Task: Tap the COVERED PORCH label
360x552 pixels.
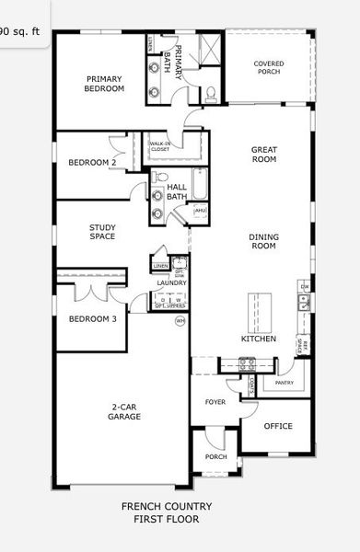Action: (268, 67)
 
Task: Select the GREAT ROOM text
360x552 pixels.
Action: (263, 154)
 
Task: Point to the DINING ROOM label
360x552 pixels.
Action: (263, 241)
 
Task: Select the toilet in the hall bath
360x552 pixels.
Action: (162, 176)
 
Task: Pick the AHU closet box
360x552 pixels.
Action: (200, 213)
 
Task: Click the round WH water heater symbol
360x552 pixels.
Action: (180, 320)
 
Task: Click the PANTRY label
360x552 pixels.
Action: (284, 383)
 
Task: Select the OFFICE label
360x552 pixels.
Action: (278, 426)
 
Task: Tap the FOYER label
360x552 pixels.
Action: (215, 402)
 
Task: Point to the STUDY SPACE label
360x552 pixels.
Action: (102, 232)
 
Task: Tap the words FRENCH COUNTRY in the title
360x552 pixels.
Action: (167, 506)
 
